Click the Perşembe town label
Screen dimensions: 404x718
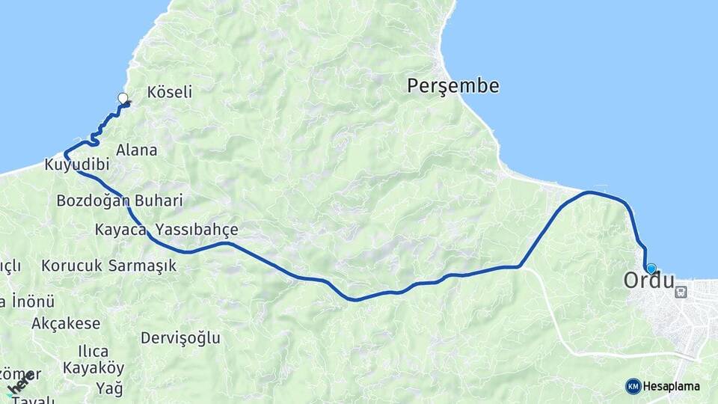pyautogui.click(x=452, y=86)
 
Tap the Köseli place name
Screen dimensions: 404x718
pyautogui.click(x=170, y=92)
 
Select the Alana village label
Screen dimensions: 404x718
pyautogui.click(x=136, y=150)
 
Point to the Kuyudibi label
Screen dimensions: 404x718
pyautogui.click(x=77, y=164)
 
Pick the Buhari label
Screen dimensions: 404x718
pyautogui.click(x=159, y=201)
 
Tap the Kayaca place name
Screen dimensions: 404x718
pyautogui.click(x=120, y=230)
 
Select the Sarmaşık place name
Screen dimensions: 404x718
pyautogui.click(x=142, y=265)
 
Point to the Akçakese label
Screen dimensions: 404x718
pyautogui.click(x=66, y=323)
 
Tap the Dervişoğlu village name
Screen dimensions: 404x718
pyautogui.click(x=180, y=337)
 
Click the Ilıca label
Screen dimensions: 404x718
pyautogui.click(x=93, y=351)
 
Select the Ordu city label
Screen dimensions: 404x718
pyautogui.click(x=648, y=281)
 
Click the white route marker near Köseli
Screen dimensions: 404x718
pyautogui.click(x=123, y=98)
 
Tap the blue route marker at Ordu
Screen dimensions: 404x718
pyautogui.click(x=651, y=269)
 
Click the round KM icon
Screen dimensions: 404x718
pyautogui.click(x=633, y=386)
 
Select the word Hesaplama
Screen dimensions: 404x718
pyautogui.click(x=672, y=386)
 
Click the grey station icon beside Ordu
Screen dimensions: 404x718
pyautogui.click(x=681, y=292)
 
